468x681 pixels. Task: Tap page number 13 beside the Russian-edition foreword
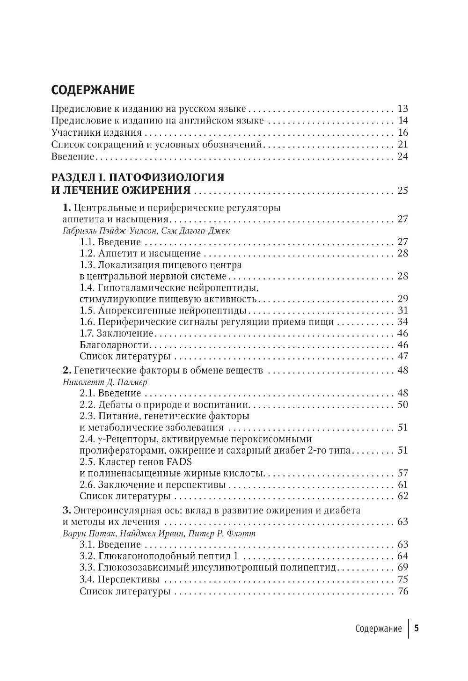click(402, 110)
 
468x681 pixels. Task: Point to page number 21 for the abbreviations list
click(402, 145)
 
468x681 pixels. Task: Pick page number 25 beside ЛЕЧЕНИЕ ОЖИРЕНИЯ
click(402, 190)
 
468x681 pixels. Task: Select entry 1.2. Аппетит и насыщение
click(140, 254)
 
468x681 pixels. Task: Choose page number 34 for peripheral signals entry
click(402, 322)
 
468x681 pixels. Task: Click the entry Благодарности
click(115, 345)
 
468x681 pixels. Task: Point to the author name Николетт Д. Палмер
click(108, 382)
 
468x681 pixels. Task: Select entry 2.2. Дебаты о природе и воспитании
click(164, 405)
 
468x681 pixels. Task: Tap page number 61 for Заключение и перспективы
click(402, 484)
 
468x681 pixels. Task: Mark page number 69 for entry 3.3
click(402, 568)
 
